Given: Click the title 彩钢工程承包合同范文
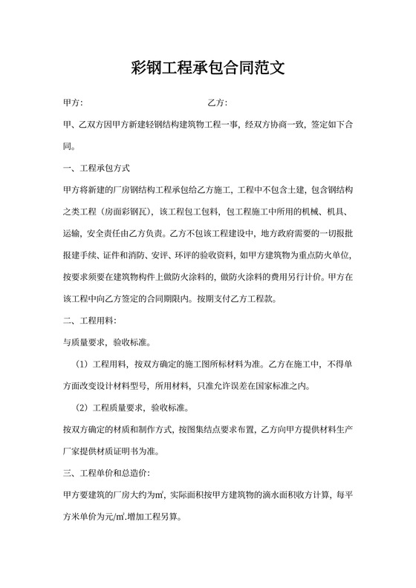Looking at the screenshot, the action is click(208, 69).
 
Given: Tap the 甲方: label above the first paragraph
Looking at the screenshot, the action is click(73, 102).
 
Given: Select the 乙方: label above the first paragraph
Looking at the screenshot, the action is click(217, 102).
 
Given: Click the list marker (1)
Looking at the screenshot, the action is click(82, 365).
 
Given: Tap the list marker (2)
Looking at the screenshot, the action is click(82, 408).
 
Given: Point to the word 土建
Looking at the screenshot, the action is click(287, 190).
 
